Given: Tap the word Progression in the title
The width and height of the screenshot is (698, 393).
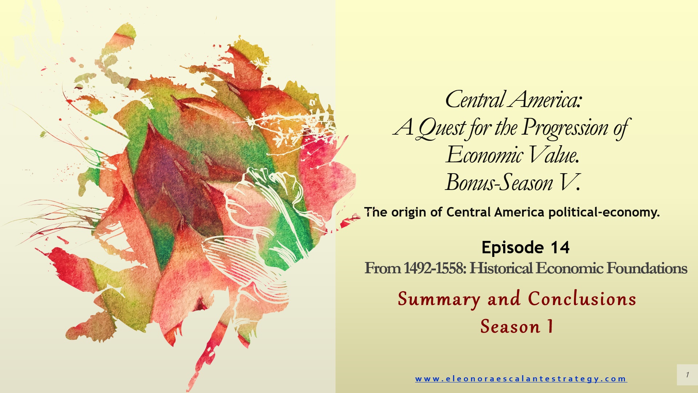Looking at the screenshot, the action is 565,128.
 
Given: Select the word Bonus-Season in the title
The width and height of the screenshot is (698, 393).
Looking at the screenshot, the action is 499,182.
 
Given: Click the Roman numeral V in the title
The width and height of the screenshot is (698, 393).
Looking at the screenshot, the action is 568,182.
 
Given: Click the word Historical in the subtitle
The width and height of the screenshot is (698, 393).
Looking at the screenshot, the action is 501,269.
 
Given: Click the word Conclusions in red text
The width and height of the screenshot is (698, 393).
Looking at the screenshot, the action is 582,299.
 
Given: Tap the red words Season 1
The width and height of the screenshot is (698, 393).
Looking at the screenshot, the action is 517,326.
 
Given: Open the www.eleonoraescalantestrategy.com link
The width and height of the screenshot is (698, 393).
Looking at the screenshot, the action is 521,379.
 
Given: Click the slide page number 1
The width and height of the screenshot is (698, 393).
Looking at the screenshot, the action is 687,374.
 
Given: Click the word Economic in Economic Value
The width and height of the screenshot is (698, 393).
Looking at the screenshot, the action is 485,155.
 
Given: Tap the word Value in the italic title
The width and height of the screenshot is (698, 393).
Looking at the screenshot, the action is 554,155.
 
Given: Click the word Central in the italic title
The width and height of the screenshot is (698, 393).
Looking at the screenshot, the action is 475,99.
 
